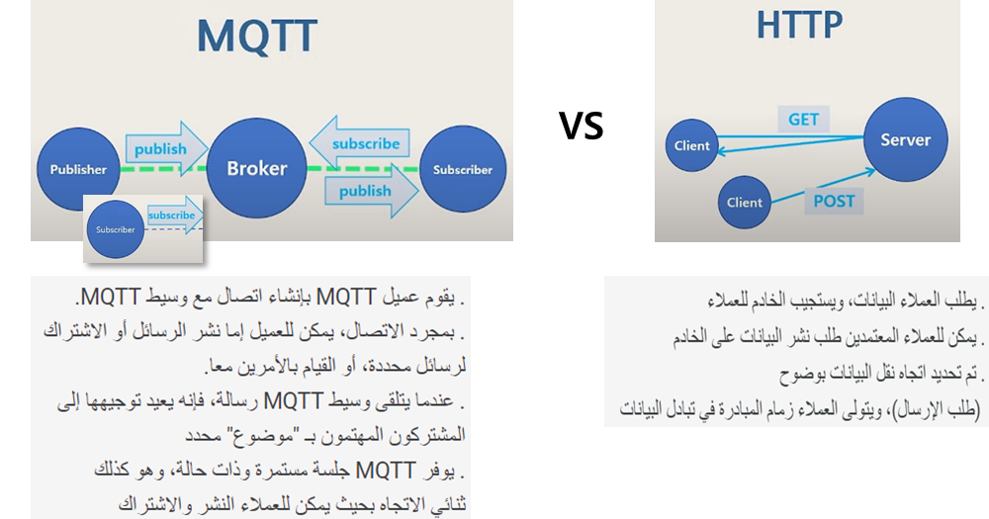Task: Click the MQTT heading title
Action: coord(257,37)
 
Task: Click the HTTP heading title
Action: coord(799,26)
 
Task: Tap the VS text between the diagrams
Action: coord(581,125)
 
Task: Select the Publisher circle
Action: coord(78,169)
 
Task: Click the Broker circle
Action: coord(256,168)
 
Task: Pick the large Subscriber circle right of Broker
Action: coord(463,169)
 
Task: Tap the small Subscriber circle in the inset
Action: coord(116,229)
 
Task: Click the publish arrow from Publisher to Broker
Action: coord(166,149)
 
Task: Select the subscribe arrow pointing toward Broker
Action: coord(360,143)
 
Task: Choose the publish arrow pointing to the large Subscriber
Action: coord(372,191)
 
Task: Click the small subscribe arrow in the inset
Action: coord(175,216)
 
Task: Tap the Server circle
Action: coord(905,139)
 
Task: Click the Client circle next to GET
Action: coord(692,145)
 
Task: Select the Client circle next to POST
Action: coord(745,203)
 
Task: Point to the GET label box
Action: coord(803,120)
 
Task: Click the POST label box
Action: coord(834,201)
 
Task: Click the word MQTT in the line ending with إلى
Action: coord(294,400)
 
